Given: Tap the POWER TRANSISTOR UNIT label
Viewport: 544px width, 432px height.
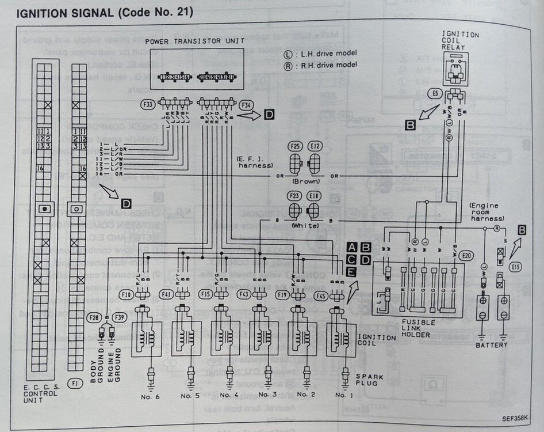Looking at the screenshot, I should (x=195, y=41).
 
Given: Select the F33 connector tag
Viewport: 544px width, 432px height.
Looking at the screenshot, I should (x=147, y=105).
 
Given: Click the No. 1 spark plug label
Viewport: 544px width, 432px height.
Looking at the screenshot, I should (x=343, y=395).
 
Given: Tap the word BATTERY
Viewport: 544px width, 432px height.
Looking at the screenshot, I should (x=491, y=345).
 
